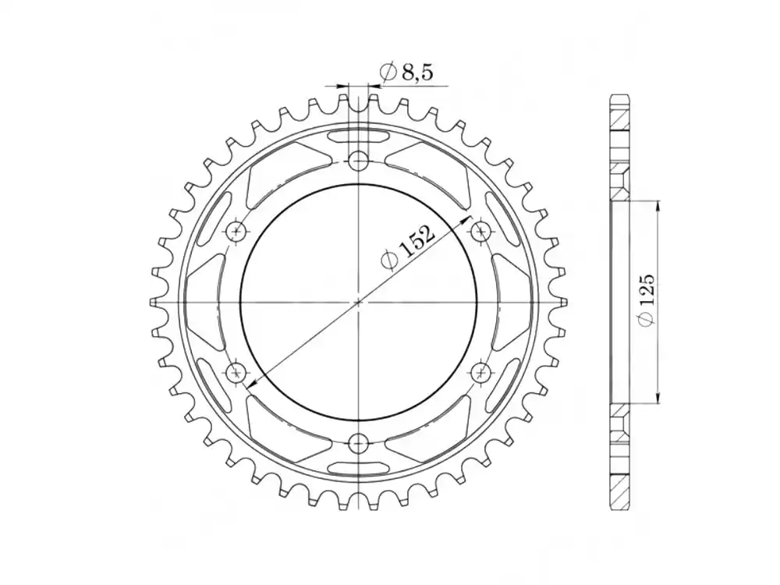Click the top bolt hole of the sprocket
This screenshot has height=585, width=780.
coord(358,161)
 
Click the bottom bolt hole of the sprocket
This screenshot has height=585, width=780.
coord(358,442)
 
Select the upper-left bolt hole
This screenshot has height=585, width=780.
coord(236,231)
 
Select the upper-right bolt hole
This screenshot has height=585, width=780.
coord(480,231)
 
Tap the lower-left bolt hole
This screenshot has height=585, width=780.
coord(236,371)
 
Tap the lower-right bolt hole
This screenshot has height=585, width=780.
coord(480,371)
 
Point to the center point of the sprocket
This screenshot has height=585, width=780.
coord(358,301)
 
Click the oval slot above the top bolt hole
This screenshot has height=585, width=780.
coord(358,137)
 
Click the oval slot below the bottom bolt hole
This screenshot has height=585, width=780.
coord(358,466)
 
